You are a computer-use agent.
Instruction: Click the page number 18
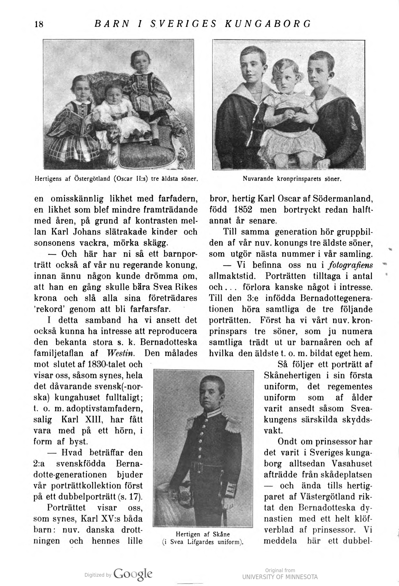point(39,24)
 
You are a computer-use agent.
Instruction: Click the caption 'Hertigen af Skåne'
point(202,534)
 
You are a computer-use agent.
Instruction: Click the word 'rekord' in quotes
point(50,309)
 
